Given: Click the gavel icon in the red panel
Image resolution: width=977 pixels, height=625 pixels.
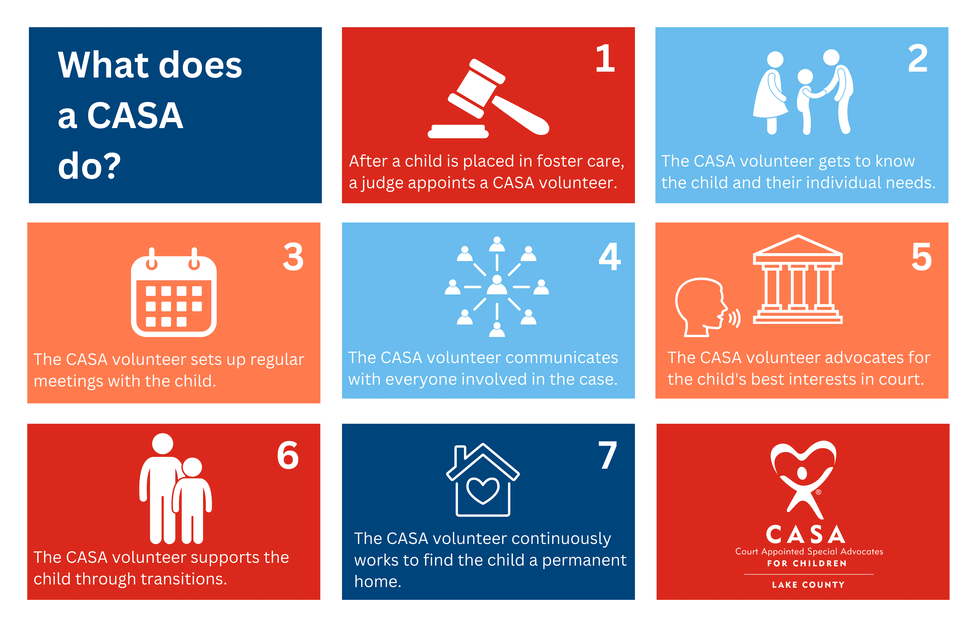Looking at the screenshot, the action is click(x=488, y=99).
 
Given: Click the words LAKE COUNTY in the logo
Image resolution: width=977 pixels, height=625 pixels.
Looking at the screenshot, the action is click(x=808, y=585).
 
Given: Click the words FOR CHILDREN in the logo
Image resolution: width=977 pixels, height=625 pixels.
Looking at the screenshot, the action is click(x=807, y=563).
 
